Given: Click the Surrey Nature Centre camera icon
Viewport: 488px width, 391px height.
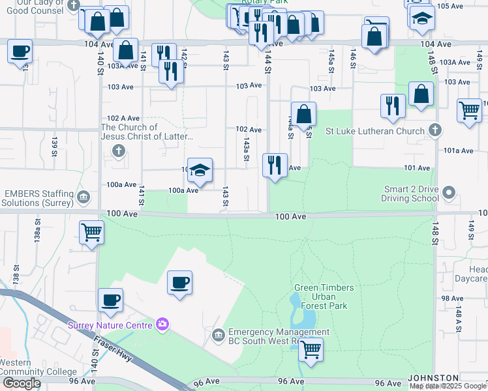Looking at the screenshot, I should coord(162,324).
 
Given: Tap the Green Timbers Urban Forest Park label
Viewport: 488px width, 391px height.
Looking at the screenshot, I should coord(324,297).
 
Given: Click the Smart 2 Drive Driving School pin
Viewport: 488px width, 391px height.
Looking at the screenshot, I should coord(448,192).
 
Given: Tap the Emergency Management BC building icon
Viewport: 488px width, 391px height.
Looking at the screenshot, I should coord(219,336).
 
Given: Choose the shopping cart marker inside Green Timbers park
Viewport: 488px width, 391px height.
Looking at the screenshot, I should coord(311,351).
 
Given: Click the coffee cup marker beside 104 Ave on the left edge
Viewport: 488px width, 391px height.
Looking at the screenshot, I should coord(20,51).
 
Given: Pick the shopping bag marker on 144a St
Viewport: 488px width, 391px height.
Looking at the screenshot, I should coord(303,115).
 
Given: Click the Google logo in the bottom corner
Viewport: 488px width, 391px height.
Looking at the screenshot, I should coord(21,383).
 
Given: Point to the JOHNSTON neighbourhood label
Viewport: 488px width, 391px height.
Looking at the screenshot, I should coord(434,378).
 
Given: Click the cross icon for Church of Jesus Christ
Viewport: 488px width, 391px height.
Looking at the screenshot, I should coord(118,151).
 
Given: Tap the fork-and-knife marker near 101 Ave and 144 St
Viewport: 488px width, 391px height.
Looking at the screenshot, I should coord(275,166).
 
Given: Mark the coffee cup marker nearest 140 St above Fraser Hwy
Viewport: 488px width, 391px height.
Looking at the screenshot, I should coord(110,301).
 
